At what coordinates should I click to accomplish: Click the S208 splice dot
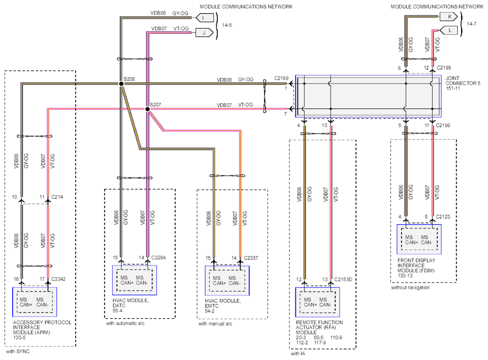coord(121,84)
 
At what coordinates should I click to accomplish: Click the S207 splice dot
coord(148,109)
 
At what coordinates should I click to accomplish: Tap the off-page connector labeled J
coord(204,33)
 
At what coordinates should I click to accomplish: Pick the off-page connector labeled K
coord(449,17)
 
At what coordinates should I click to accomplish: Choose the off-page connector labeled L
coord(449,30)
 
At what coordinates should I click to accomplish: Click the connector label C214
coord(57,197)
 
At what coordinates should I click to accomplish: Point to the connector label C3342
coord(58,279)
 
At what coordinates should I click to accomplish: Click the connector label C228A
coord(158,257)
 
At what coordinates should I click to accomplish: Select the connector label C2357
coord(251,258)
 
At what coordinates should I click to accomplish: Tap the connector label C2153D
coord(343,279)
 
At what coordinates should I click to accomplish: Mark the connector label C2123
coord(443,216)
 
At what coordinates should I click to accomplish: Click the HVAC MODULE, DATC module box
coord(135,280)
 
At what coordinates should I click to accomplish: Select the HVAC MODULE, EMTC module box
coord(227,280)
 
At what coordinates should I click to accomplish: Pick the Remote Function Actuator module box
coord(318,302)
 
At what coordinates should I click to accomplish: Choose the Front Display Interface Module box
coord(419,239)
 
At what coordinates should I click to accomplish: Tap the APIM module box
coord(34,302)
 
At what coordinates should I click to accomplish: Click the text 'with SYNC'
coord(18,352)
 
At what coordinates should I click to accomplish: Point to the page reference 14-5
coord(227,25)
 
